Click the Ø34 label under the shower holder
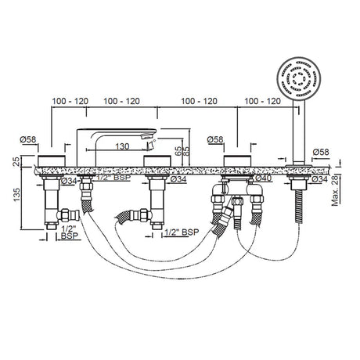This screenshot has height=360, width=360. [x=321, y=179]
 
